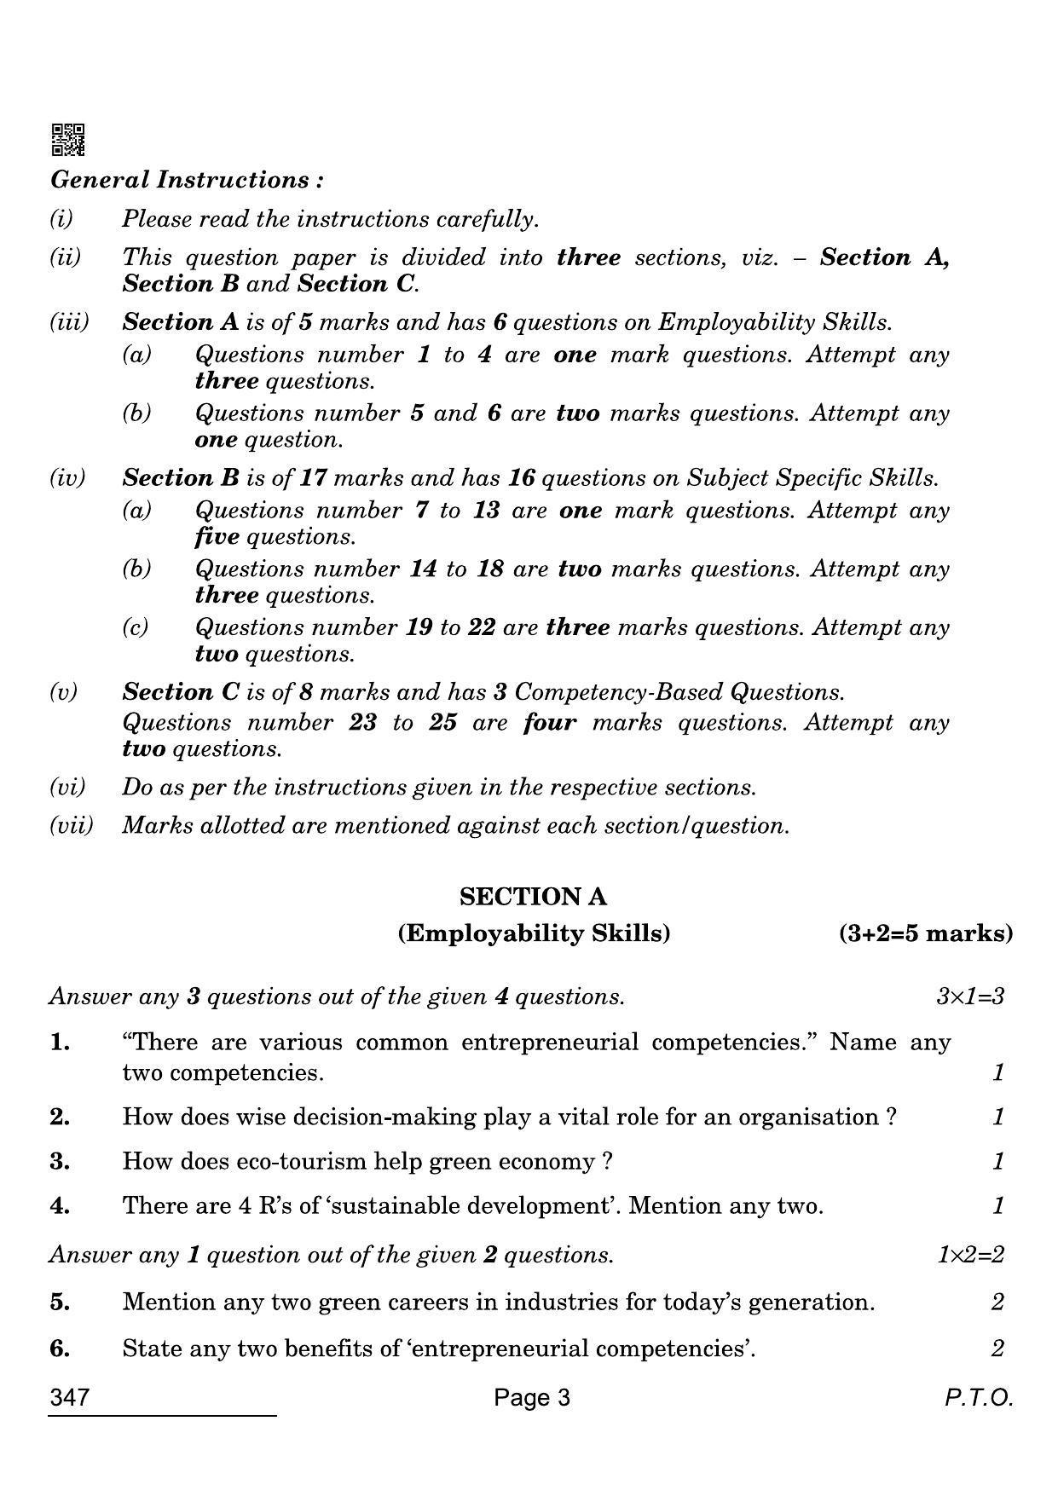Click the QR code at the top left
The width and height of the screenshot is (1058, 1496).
pos(68,140)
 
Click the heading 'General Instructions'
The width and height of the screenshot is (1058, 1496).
pos(187,180)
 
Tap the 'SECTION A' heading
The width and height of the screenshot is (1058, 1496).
pos(533,897)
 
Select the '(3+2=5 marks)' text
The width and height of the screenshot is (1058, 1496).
pos(926,933)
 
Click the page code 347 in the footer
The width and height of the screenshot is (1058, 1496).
pos(70,1398)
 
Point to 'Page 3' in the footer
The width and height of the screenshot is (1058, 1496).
pos(532,1398)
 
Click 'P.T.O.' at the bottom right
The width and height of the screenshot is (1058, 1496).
pos(978,1398)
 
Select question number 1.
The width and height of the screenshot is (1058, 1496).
pos(60,1043)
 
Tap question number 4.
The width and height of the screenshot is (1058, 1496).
pos(60,1206)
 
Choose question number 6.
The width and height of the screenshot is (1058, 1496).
pos(60,1349)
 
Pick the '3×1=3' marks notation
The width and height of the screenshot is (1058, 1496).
pos(970,996)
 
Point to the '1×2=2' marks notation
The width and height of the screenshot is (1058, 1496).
pos(970,1255)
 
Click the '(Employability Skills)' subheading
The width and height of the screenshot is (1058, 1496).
pos(534,933)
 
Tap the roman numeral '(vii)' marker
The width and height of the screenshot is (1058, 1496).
pos(72,825)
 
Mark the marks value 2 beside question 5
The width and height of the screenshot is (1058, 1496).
pos(997,1303)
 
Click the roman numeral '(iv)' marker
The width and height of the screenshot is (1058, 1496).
pos(68,478)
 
